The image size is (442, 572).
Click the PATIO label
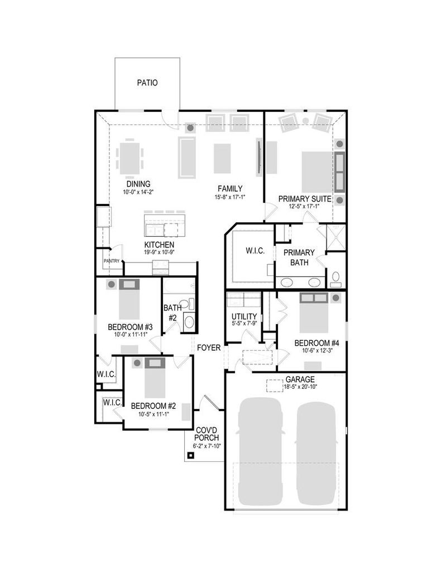(147, 83)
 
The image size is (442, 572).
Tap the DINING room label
(138, 184)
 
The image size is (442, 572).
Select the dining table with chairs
(129, 157)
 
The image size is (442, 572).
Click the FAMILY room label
(230, 189)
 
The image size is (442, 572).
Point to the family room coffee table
(222, 158)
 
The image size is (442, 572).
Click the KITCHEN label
(159, 245)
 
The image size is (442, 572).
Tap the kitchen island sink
(154, 230)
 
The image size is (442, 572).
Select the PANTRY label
(112, 261)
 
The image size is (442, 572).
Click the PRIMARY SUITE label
(305, 199)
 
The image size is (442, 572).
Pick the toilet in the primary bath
(335, 278)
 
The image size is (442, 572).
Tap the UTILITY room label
(244, 317)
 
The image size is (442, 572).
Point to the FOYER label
(209, 347)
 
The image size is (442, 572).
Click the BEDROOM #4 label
(316, 343)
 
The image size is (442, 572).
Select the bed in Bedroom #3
(129, 299)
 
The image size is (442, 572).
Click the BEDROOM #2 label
(153, 406)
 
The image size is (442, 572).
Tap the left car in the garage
(260, 451)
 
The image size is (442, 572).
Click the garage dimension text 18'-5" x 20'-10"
(300, 387)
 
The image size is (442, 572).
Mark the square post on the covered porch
(190, 455)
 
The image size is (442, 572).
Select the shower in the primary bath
(335, 237)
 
